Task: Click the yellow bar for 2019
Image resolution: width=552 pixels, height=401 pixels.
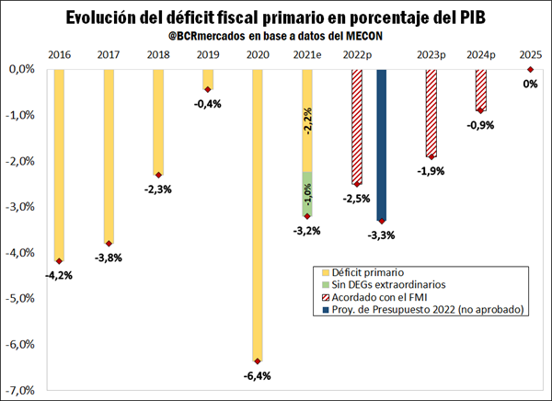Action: pos(208,79)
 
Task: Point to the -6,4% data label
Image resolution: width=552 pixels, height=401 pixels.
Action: pos(258,377)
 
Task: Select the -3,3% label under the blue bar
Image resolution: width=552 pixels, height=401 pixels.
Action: pos(381,235)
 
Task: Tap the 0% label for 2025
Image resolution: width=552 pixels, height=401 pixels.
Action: pos(531,84)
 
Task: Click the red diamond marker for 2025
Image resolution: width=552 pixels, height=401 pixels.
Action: pos(531,69)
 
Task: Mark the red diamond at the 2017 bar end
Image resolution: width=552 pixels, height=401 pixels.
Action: pos(109,244)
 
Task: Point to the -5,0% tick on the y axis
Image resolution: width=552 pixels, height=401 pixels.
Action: pos(20,299)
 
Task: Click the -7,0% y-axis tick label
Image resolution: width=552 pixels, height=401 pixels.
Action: pos(20,391)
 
